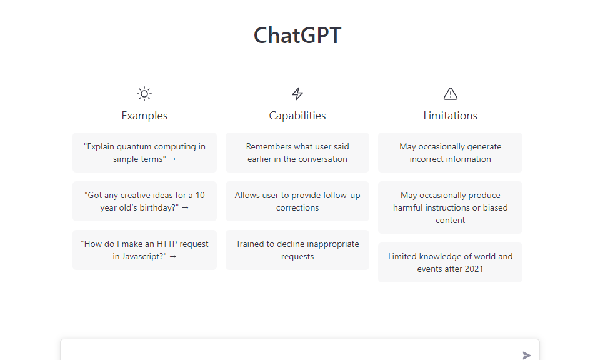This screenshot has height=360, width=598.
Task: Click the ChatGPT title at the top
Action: coord(297,36)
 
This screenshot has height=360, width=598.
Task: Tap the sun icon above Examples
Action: coord(144,94)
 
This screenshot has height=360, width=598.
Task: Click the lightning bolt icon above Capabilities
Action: coord(297,94)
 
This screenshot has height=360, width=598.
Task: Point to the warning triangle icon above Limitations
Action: coord(451,94)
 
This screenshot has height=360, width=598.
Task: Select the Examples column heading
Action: coord(144,116)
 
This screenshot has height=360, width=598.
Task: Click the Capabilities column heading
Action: coord(297,116)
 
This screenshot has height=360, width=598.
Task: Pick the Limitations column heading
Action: coord(451,116)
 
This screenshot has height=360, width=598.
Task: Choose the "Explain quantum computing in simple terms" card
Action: coord(144,152)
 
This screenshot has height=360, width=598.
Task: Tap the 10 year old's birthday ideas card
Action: coord(144,201)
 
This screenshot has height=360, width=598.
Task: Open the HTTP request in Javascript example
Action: coord(144,250)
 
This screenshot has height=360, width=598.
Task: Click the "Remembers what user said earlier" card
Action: coord(297,152)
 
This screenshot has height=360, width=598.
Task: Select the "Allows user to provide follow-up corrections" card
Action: coord(297,201)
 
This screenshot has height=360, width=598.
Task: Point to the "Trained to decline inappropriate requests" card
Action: coord(297,250)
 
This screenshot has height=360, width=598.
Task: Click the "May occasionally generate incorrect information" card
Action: coord(451,152)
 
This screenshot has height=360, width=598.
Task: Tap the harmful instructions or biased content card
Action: coord(451,207)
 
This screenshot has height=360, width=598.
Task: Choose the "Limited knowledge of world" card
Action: coord(451,262)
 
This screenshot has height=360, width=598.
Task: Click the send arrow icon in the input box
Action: coord(526,356)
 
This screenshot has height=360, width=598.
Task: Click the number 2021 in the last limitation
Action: coord(474,269)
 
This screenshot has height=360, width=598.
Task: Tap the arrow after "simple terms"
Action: coord(172,159)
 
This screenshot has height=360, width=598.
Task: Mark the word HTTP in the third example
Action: coord(167,244)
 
